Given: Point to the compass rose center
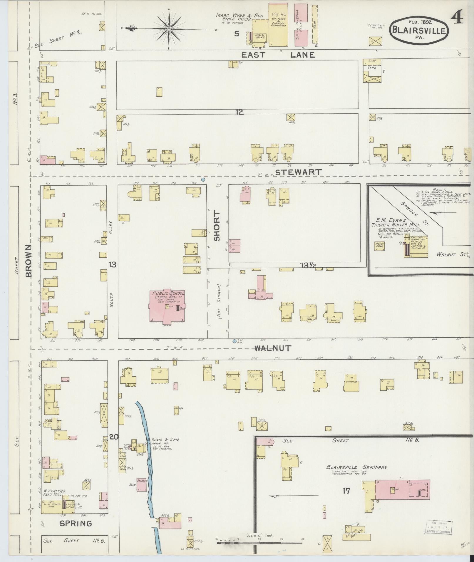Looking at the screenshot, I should point(170,29).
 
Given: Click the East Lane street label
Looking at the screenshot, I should point(278,55).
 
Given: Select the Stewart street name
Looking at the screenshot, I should point(299,172).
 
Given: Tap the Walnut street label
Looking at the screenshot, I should point(272,348).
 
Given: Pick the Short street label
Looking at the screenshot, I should point(217,226).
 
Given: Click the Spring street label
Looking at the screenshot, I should point(76,523).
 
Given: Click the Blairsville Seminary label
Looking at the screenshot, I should point(357,467).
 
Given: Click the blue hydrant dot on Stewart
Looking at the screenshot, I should point(203,179).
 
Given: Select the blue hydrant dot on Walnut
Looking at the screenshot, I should point(234,341).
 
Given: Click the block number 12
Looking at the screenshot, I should point(239,112).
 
